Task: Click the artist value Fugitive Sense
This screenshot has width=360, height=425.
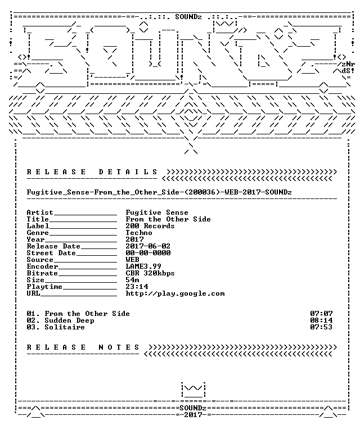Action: pyautogui.click(x=157, y=213)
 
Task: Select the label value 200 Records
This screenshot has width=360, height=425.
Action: pyautogui.click(x=150, y=226)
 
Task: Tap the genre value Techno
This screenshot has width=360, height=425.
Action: pyautogui.click(x=139, y=233)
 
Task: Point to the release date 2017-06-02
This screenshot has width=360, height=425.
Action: pyautogui.click(x=148, y=246)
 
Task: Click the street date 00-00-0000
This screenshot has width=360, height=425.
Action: pyautogui.click(x=148, y=253)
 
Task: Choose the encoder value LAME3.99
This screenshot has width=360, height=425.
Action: pyautogui.click(x=143, y=266)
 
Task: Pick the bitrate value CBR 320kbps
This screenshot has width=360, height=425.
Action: pyautogui.click(x=150, y=273)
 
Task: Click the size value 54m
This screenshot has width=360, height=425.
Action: pyautogui.click(x=132, y=280)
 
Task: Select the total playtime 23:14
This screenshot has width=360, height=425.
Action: pyautogui.click(x=137, y=287)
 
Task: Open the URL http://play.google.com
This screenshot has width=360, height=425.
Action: pyautogui.click(x=175, y=293)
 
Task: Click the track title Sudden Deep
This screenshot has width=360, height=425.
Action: pyautogui.click(x=69, y=320)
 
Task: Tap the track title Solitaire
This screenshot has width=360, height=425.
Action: pyautogui.click(x=65, y=327)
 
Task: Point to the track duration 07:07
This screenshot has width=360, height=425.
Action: pyautogui.click(x=321, y=314)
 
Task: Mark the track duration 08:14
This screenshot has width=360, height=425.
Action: pyautogui.click(x=321, y=320)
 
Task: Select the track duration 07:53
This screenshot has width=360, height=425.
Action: pyautogui.click(x=321, y=327)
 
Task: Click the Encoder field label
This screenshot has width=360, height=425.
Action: pyautogui.click(x=42, y=266)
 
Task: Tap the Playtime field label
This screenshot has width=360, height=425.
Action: pyautogui.click(x=44, y=287)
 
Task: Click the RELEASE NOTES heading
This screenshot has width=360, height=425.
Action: pyautogui.click(x=83, y=347)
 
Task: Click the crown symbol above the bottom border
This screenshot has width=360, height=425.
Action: pyautogui.click(x=193, y=390)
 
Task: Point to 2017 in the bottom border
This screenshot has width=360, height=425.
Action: pyautogui.click(x=193, y=415)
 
